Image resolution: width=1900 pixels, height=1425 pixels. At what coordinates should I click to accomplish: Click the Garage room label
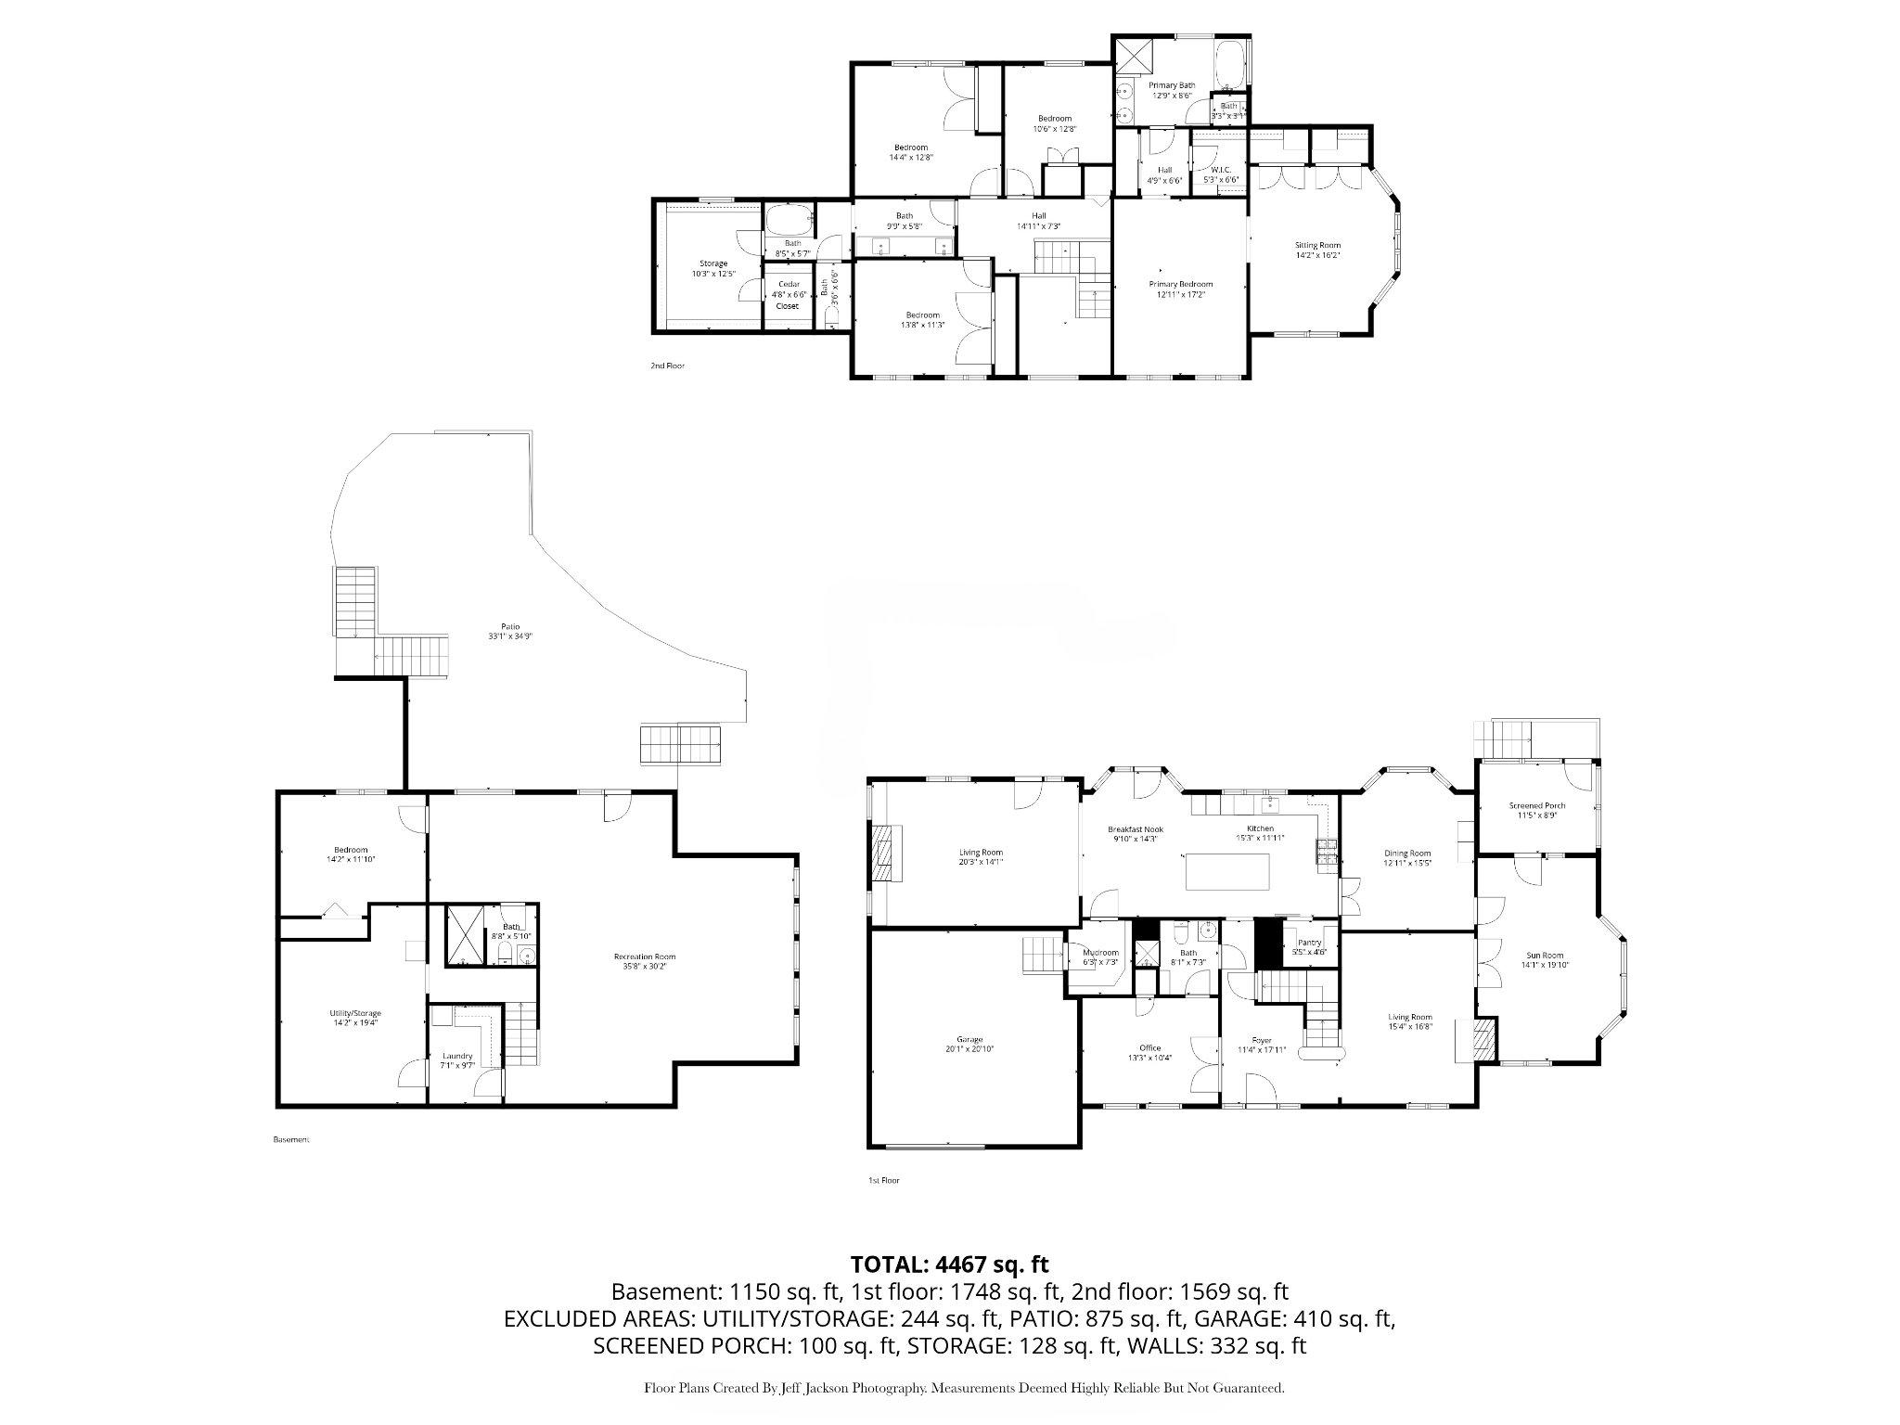[969, 1044]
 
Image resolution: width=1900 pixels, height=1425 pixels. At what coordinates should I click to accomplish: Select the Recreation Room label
[644, 960]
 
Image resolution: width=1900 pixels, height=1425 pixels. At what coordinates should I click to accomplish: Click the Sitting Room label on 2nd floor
[1317, 250]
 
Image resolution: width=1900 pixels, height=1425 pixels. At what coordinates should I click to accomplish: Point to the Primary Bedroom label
[1180, 289]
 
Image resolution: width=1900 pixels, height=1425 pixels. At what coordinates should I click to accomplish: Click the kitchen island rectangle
[1227, 872]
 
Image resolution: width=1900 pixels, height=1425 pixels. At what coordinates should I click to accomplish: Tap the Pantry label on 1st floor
[1309, 946]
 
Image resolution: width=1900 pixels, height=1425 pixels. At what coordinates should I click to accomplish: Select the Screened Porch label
[1536, 810]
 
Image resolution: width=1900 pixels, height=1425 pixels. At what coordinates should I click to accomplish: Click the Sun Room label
[1545, 959]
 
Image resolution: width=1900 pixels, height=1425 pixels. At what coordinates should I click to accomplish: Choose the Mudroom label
[1101, 956]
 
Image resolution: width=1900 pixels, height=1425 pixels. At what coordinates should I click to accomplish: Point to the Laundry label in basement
[457, 1060]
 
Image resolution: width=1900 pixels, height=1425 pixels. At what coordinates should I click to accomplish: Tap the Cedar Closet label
[788, 294]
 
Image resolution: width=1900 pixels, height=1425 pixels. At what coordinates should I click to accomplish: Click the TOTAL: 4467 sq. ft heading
[949, 1264]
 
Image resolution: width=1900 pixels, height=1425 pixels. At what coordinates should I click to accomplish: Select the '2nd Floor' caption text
[667, 366]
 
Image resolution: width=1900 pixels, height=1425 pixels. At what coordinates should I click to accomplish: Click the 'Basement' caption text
[290, 1139]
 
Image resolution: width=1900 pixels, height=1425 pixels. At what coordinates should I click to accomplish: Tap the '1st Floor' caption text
[882, 1181]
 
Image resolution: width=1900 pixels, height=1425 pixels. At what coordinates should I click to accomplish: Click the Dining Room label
[1406, 857]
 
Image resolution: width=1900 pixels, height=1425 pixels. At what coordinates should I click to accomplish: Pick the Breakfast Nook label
[1135, 833]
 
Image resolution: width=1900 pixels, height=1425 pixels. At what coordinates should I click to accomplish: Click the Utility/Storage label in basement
[354, 1017]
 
